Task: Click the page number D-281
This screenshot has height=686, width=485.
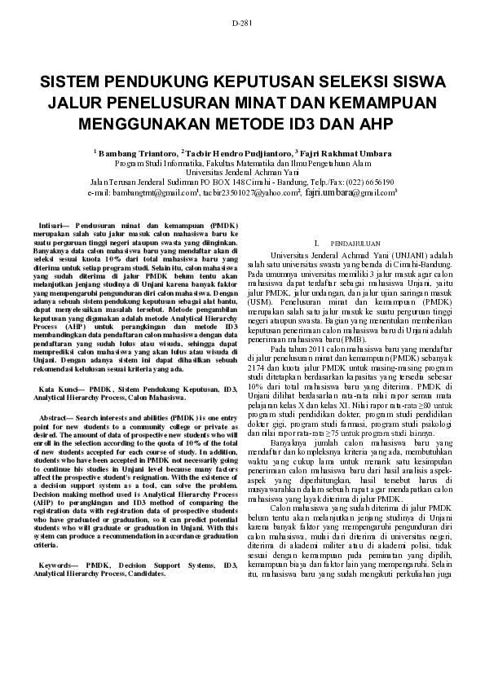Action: tap(242, 23)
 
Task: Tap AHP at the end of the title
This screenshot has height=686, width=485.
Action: tap(374, 125)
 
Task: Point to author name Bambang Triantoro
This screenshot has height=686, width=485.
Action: tap(138, 152)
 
